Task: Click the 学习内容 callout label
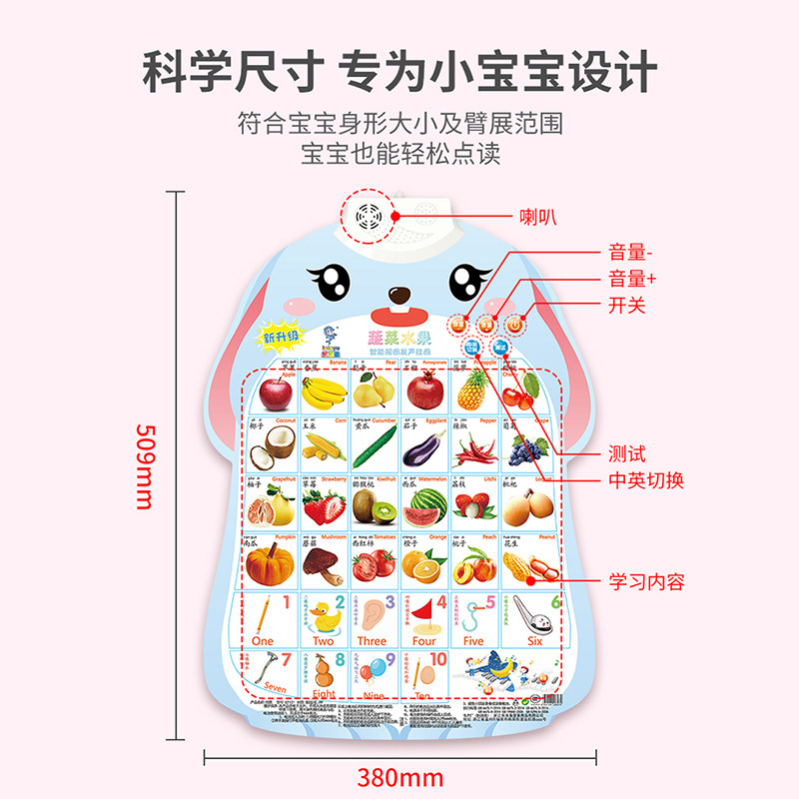tap(647, 581)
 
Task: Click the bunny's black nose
tap(399, 296)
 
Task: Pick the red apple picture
tap(275, 392)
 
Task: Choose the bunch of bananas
tap(326, 393)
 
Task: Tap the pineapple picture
tap(472, 391)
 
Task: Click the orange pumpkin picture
tap(271, 562)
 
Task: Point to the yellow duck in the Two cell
tap(322, 615)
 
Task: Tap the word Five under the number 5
tap(473, 641)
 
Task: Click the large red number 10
tap(435, 661)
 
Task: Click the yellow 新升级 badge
tap(282, 337)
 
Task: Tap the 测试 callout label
tap(628, 454)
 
